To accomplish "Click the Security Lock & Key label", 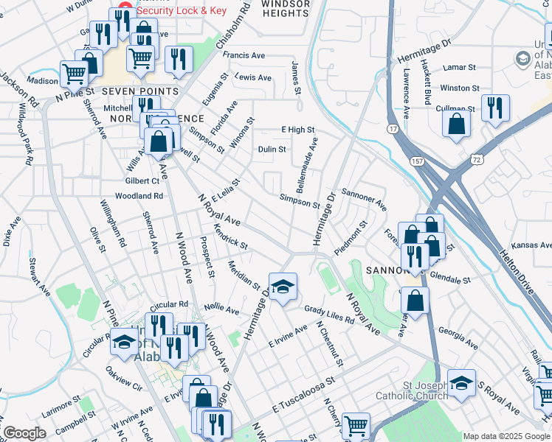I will click(182, 11).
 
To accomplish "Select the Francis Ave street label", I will click(244, 56).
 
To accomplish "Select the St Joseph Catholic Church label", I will click(415, 390).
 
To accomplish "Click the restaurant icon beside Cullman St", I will click(494, 108).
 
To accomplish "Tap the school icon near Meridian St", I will click(281, 286).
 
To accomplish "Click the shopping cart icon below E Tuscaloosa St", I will click(356, 424).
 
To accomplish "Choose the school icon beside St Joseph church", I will click(461, 383).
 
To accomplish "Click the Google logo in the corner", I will click(25, 433).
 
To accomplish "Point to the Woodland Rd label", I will click(139, 196).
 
